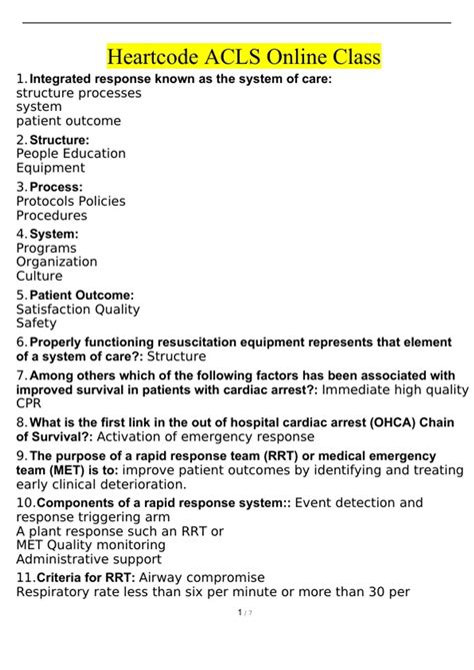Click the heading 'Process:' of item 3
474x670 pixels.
[56, 187]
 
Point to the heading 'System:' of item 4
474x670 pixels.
[54, 234]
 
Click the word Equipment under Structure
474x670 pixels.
[51, 169]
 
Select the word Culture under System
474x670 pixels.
[39, 276]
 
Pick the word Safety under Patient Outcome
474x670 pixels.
[37, 324]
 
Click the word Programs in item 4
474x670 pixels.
[47, 248]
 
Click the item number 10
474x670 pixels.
[25, 501]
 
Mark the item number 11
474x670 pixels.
[25, 577]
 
